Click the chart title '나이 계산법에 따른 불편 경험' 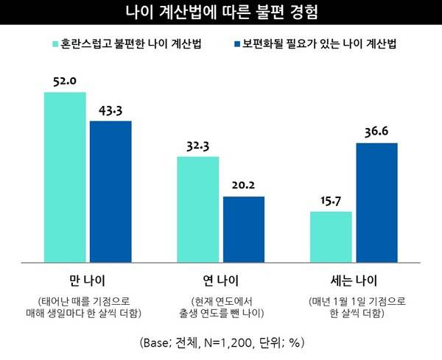coord(221,13)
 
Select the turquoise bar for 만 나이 coord(65,177)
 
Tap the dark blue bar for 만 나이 coord(110,191)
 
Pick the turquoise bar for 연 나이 coord(198,209)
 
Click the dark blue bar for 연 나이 coord(244,228)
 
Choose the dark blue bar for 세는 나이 coord(376,202)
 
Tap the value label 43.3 coord(110,110)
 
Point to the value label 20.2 coord(244,186)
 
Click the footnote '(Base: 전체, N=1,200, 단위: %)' coord(221,342)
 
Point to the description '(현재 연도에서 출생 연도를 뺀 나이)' coord(220,307)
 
